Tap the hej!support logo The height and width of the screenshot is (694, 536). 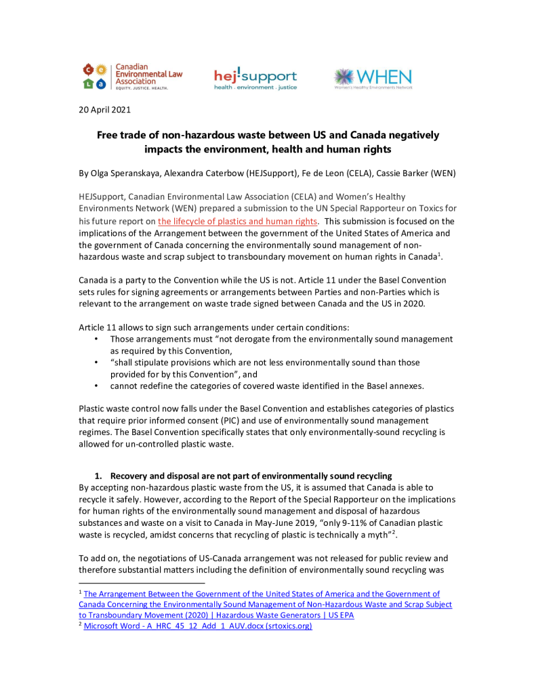255,79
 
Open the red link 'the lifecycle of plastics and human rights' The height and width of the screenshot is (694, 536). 237,222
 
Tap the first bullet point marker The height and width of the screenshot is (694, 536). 97,339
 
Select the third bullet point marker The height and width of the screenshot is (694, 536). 97,386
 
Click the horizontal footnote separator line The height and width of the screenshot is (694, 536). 142,582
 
